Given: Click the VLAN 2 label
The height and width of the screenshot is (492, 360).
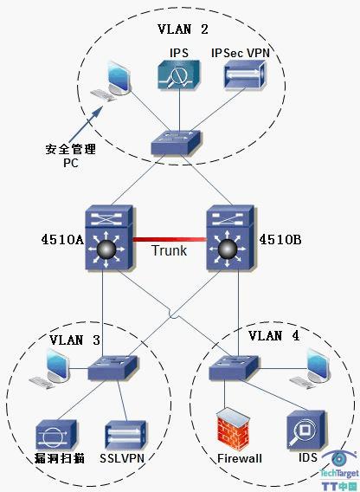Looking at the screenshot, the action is tap(183, 29).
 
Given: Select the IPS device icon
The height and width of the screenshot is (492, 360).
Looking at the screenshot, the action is tap(178, 74).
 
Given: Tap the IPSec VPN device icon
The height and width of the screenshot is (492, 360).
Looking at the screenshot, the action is tap(245, 75).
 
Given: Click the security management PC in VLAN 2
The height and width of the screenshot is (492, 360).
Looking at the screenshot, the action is tap(111, 81).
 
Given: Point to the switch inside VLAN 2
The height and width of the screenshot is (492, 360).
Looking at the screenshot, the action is tap(177, 142).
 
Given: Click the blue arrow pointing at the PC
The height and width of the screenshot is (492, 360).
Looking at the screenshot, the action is tap(86, 124).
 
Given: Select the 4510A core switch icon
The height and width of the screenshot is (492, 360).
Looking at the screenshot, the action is tap(109, 237).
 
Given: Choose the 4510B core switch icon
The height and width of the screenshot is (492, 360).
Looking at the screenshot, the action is tap(230, 237).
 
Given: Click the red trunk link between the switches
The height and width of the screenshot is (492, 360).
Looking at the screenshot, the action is tap(170, 240).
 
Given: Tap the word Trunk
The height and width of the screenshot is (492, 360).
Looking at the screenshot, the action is tap(170, 250).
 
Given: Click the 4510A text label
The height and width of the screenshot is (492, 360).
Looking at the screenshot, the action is tap(62, 240).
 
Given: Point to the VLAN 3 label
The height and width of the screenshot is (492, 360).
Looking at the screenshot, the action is tap(75, 340).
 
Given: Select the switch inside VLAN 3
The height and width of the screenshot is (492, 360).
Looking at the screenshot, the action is tap(112, 368).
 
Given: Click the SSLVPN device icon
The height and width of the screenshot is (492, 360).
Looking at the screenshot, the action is tap(125, 436).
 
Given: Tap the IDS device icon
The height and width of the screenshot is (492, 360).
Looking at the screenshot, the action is tap(305, 430).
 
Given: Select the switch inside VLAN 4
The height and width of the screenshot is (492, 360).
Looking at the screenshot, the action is tap(235, 368).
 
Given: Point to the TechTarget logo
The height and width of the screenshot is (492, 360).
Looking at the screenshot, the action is tap(339, 470).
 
